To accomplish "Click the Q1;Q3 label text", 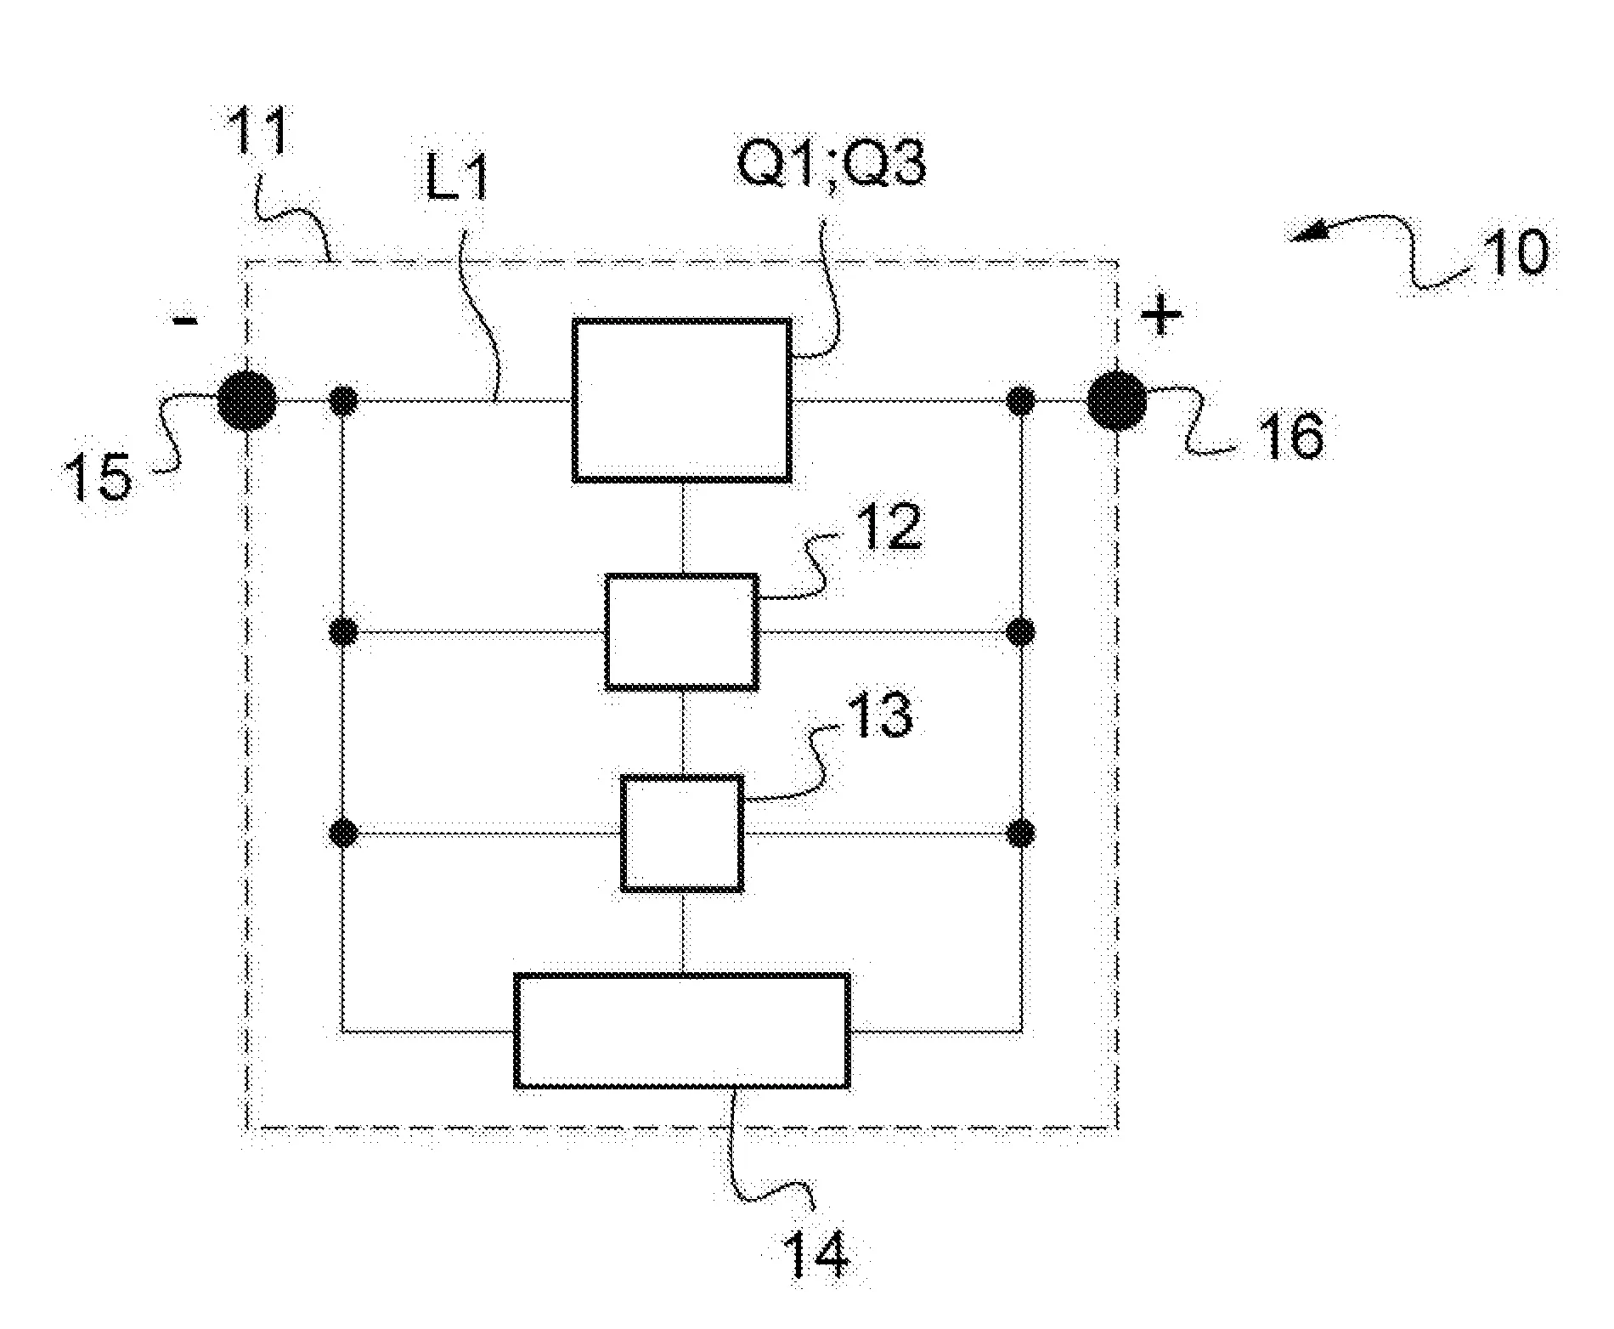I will (832, 163).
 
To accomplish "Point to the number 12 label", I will (888, 527).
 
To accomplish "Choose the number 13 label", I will (880, 715).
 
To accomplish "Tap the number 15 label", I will (100, 477).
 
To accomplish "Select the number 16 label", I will (1293, 436).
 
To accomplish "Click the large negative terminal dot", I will (247, 400).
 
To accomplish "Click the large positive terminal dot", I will (1117, 400).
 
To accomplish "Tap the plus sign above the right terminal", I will (1160, 317).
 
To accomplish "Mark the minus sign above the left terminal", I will (185, 320).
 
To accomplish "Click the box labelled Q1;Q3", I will (682, 400).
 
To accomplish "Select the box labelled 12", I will (681, 631).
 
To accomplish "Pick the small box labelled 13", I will (682, 834).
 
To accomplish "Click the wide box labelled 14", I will (682, 1031).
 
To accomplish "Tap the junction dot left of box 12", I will (342, 631).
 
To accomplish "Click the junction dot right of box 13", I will (1020, 834).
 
